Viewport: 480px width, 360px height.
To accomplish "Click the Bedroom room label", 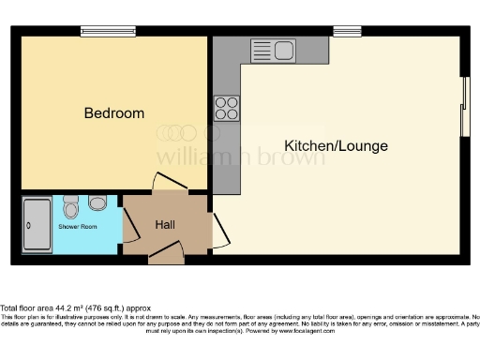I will point(114,113).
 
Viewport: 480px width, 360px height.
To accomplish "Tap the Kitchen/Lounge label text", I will point(336,146).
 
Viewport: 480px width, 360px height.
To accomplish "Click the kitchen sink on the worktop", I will point(273,49).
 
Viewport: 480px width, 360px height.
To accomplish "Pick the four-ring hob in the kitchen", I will point(226,108).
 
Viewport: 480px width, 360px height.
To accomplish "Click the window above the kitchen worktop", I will point(347,31).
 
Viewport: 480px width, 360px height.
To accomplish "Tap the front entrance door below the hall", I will point(166,251).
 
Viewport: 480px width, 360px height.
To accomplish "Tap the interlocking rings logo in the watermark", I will point(177,134).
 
